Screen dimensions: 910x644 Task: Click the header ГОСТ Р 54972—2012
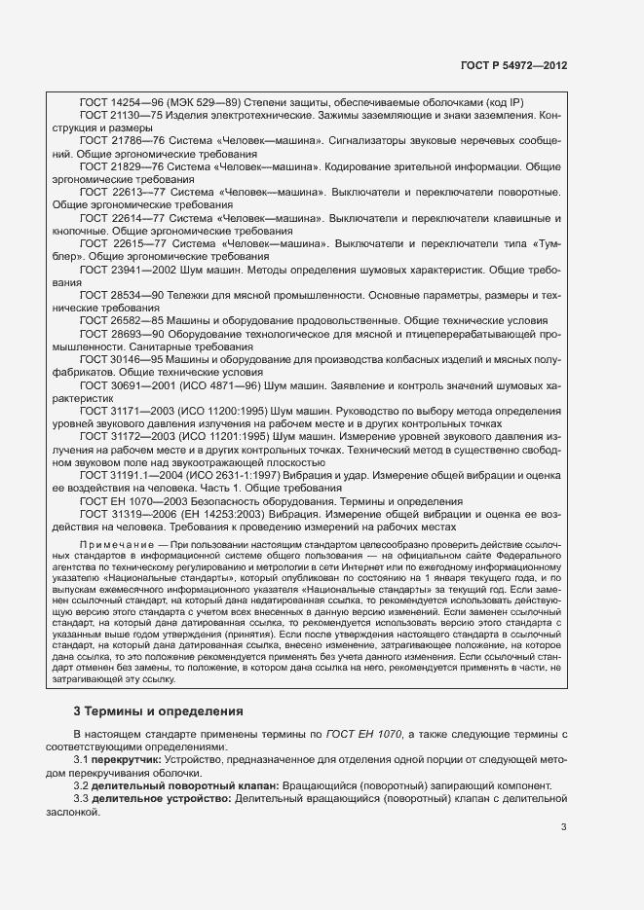click(x=512, y=65)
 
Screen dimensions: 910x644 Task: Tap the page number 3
click(x=564, y=827)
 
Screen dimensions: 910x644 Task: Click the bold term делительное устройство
click(x=162, y=797)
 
